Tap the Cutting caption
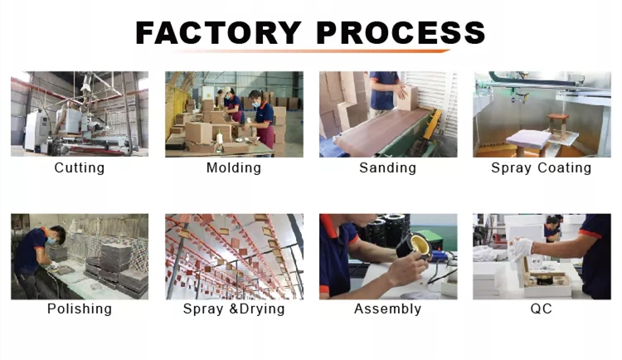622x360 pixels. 80,168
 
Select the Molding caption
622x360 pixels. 234,168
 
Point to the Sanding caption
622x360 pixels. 387,168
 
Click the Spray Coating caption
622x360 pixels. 542,168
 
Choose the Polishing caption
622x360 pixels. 80,309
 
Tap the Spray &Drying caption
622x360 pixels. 234,309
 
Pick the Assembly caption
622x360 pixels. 387,309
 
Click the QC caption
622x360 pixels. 542,309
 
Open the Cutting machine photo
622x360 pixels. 80,114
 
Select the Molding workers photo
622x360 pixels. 234,114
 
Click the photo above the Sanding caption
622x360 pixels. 387,114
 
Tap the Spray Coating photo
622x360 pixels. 542,114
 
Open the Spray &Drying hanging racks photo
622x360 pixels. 234,255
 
